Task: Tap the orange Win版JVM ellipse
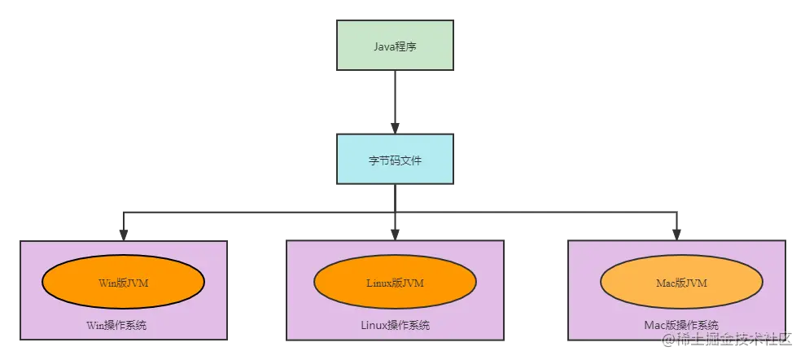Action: click(123, 282)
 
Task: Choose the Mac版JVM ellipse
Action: click(680, 282)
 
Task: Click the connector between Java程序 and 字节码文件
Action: click(394, 98)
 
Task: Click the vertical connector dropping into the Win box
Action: click(124, 224)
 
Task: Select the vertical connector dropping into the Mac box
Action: click(677, 224)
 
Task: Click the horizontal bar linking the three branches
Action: click(260, 212)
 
